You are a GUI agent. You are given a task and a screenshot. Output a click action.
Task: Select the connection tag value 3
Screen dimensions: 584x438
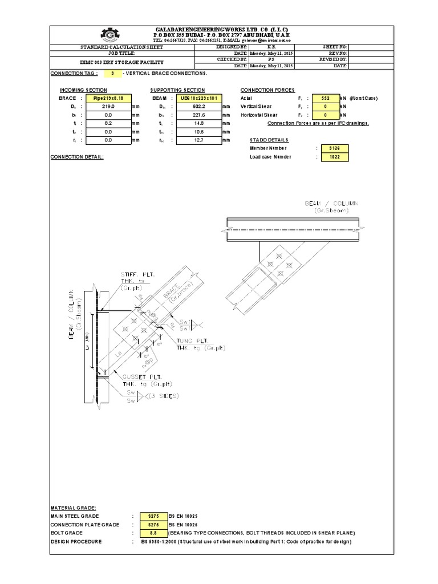113,74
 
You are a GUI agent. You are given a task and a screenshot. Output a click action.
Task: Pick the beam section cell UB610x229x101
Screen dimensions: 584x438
198,98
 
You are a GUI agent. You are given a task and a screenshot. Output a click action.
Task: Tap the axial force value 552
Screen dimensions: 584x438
323,98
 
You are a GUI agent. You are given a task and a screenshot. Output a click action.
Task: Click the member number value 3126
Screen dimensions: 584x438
334,148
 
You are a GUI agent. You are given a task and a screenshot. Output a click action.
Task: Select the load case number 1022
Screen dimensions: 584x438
334,156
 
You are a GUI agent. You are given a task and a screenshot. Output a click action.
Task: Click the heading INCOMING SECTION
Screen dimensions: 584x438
83,90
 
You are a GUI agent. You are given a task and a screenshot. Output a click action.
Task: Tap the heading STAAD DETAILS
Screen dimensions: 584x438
269,140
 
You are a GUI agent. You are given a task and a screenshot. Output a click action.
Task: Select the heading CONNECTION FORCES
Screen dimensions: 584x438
267,90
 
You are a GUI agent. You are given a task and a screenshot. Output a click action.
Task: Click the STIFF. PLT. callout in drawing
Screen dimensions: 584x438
134,275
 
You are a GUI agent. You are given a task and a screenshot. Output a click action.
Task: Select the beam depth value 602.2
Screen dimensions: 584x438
198,107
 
